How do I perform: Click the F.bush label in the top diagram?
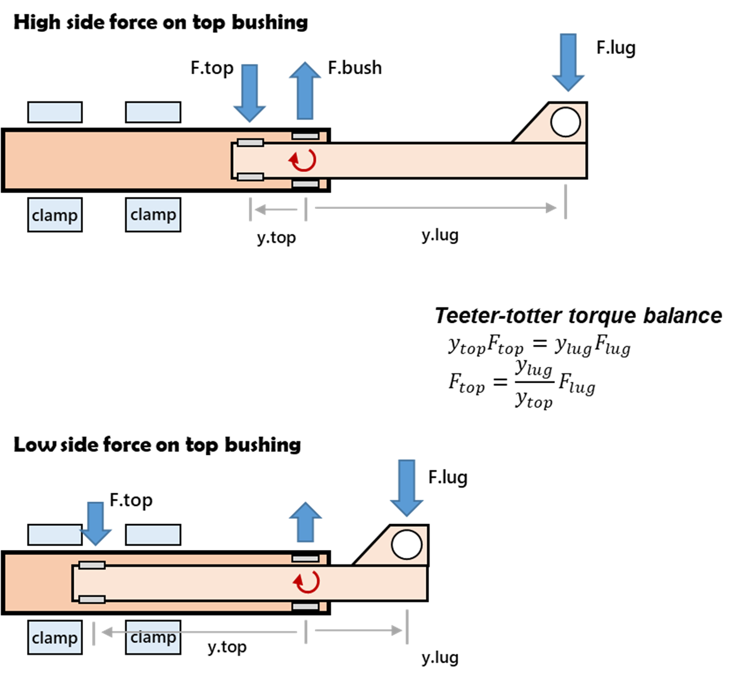coord(354,68)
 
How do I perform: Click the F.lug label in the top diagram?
coord(616,48)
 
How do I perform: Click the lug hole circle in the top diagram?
coord(565,122)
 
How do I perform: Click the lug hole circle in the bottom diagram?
coord(407,544)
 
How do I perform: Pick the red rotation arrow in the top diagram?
coord(303,160)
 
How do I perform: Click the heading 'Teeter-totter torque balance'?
coord(578,316)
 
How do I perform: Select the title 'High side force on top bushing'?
coord(161,23)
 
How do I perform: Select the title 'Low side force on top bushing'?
coord(157,445)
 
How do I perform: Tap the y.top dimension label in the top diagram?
coord(276,238)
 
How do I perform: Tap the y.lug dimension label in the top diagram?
coord(440,235)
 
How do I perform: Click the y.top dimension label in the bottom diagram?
coord(227,647)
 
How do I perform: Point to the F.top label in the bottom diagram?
coord(131,500)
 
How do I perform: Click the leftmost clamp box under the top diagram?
coord(55,215)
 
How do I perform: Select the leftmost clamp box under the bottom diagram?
coord(55,637)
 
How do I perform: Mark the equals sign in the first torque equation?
coord(540,344)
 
